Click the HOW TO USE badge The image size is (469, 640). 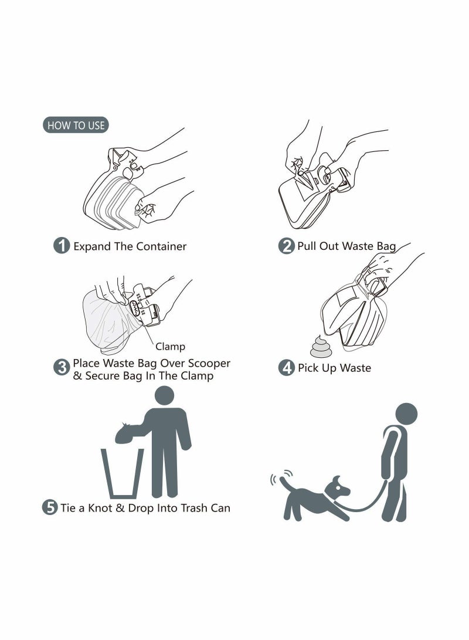click(76, 125)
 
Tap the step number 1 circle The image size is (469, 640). click(62, 246)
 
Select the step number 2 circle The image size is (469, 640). click(286, 246)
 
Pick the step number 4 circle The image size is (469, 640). click(286, 368)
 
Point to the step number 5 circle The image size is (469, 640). click(50, 507)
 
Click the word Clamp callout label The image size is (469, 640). click(170, 347)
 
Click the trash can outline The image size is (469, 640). click(123, 473)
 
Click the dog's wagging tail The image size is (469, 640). click(285, 482)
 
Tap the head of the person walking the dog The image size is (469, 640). click(405, 414)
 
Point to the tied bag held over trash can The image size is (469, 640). click(128, 434)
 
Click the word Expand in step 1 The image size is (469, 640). click(92, 246)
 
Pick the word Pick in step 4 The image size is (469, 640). click(308, 368)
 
